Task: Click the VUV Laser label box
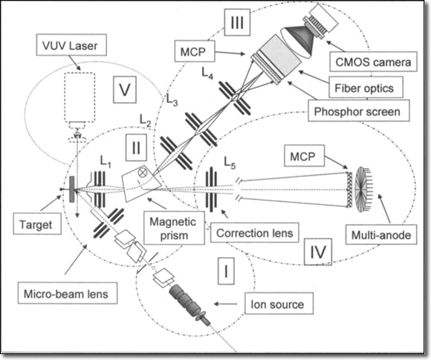click(x=71, y=45)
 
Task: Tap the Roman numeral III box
click(x=237, y=22)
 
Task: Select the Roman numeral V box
click(x=125, y=89)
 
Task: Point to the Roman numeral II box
click(x=136, y=147)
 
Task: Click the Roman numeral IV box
click(x=318, y=251)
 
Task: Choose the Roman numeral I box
click(x=226, y=271)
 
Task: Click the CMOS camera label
click(x=373, y=62)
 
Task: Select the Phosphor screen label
click(x=359, y=111)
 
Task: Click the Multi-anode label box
click(x=381, y=234)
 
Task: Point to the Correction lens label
click(x=255, y=233)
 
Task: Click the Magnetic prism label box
click(x=174, y=228)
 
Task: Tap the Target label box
click(x=37, y=225)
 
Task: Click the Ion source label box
click(x=279, y=303)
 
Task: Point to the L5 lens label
click(x=230, y=162)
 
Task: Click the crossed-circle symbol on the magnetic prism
click(x=142, y=173)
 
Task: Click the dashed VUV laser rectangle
click(x=80, y=97)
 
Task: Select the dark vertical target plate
click(x=72, y=190)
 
